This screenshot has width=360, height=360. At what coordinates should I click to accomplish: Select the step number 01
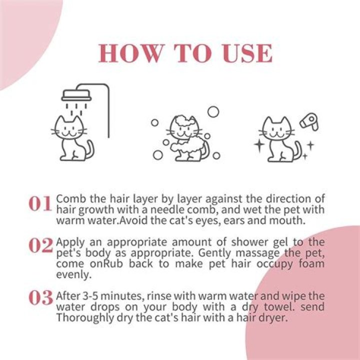coord(40,204)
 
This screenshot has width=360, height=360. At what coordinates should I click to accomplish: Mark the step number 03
coord(40,298)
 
